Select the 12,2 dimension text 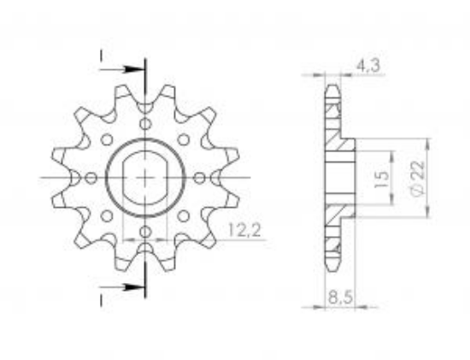tap(245, 229)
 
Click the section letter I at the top tap(102, 57)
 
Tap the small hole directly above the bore tap(145, 126)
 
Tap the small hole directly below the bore tap(145, 232)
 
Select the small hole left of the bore tap(92, 177)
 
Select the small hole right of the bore tap(199, 177)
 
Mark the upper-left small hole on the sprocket tap(108, 139)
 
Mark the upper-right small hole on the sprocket tap(183, 139)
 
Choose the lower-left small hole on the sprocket tap(108, 215)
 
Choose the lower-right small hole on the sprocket tap(183, 215)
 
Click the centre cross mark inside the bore tap(145, 178)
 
